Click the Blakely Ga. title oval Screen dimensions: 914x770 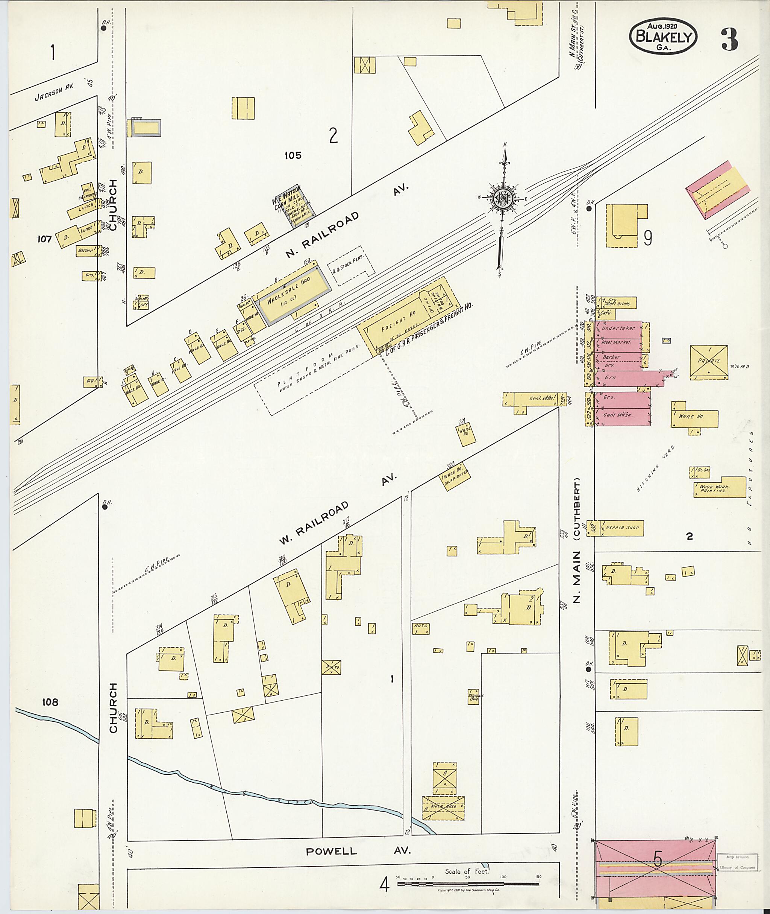click(x=663, y=37)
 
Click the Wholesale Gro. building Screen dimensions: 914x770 click(x=293, y=296)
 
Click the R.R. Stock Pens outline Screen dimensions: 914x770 click(x=350, y=266)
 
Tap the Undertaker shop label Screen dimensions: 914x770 click(x=618, y=328)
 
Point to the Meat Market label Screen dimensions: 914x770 click(x=616, y=342)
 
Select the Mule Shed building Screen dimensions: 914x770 click(x=443, y=806)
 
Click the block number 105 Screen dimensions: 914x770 click(x=293, y=155)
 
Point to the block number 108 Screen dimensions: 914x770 click(x=51, y=702)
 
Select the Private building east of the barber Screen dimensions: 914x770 click(x=708, y=361)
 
